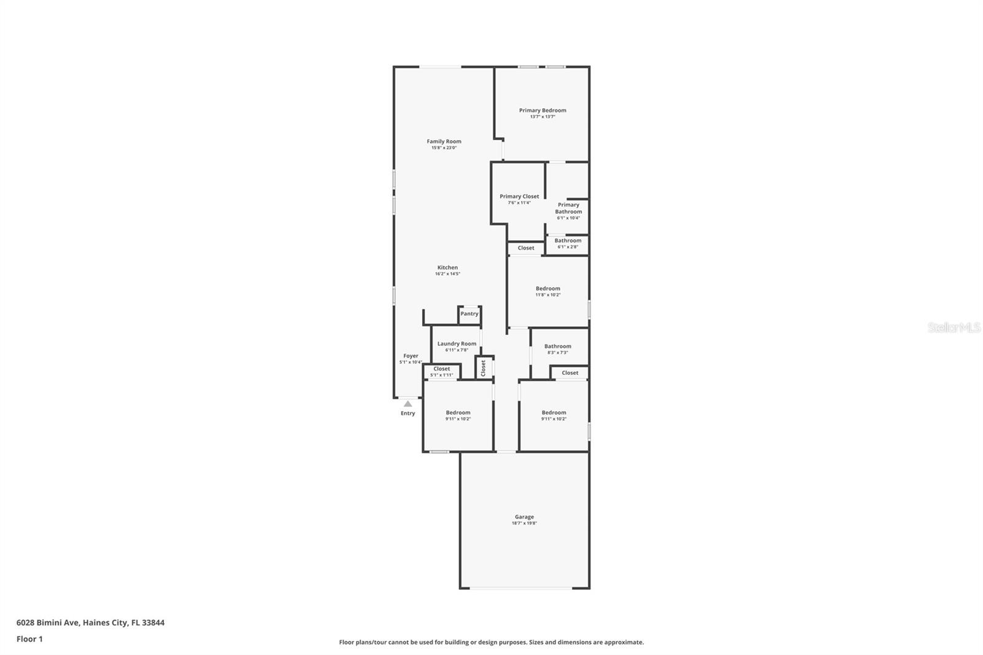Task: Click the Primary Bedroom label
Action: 542,111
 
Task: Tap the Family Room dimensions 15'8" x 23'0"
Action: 444,148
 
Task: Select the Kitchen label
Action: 447,267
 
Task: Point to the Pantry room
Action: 469,314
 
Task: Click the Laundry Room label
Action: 456,344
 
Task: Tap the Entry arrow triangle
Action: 408,404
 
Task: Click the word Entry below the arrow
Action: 408,414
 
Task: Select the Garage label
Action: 524,517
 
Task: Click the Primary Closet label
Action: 519,197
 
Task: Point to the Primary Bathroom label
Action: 568,208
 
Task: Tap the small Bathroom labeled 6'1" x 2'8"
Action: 568,243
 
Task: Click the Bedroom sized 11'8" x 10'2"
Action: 547,291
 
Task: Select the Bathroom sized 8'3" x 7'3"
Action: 557,349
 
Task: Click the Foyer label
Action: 410,356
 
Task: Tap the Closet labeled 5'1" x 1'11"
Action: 442,371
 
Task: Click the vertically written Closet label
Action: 484,368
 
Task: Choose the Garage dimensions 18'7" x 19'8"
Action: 524,524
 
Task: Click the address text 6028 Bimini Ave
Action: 48,622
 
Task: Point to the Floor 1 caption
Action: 29,639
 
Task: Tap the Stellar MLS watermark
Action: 954,328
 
